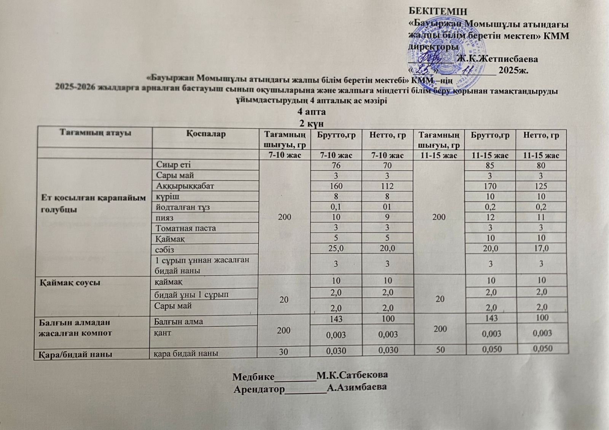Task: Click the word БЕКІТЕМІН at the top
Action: coord(437,11)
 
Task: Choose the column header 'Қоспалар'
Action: coord(206,134)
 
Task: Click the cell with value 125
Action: coord(540,186)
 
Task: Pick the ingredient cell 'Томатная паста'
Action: coord(186,228)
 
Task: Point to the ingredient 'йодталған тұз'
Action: coord(183,207)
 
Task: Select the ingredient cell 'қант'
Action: coord(163,333)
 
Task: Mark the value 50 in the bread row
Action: coord(440,350)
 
